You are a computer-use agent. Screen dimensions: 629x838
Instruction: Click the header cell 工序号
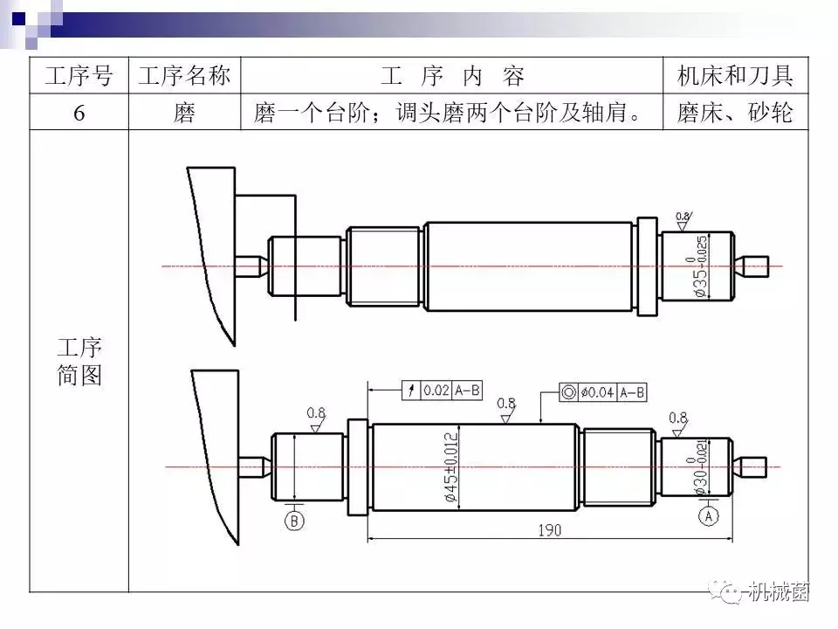[79, 76]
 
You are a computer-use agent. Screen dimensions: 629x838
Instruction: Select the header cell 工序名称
[184, 76]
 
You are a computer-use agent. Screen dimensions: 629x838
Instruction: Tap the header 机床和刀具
[735, 76]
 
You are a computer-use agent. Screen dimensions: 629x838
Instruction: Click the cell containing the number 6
[79, 113]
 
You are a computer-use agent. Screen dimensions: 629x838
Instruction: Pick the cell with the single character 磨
[184, 113]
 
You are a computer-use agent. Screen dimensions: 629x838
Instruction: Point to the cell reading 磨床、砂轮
[735, 113]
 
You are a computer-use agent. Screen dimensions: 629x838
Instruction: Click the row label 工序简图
[79, 362]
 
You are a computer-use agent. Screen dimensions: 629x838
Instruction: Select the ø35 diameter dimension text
[701, 266]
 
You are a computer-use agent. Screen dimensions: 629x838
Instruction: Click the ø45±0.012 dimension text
[450, 467]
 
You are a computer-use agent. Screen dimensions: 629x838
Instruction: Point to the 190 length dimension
[549, 530]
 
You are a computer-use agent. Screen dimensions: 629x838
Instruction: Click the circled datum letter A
[708, 517]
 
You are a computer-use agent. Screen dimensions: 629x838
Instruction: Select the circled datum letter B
[294, 521]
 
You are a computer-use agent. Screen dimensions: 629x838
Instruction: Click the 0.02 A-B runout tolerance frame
[443, 391]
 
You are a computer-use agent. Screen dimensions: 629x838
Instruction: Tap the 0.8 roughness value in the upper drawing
[683, 216]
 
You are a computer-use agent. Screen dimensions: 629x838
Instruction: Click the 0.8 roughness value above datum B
[316, 412]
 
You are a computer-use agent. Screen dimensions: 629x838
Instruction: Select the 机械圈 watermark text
[780, 592]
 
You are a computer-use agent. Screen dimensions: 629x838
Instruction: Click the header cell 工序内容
[452, 76]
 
